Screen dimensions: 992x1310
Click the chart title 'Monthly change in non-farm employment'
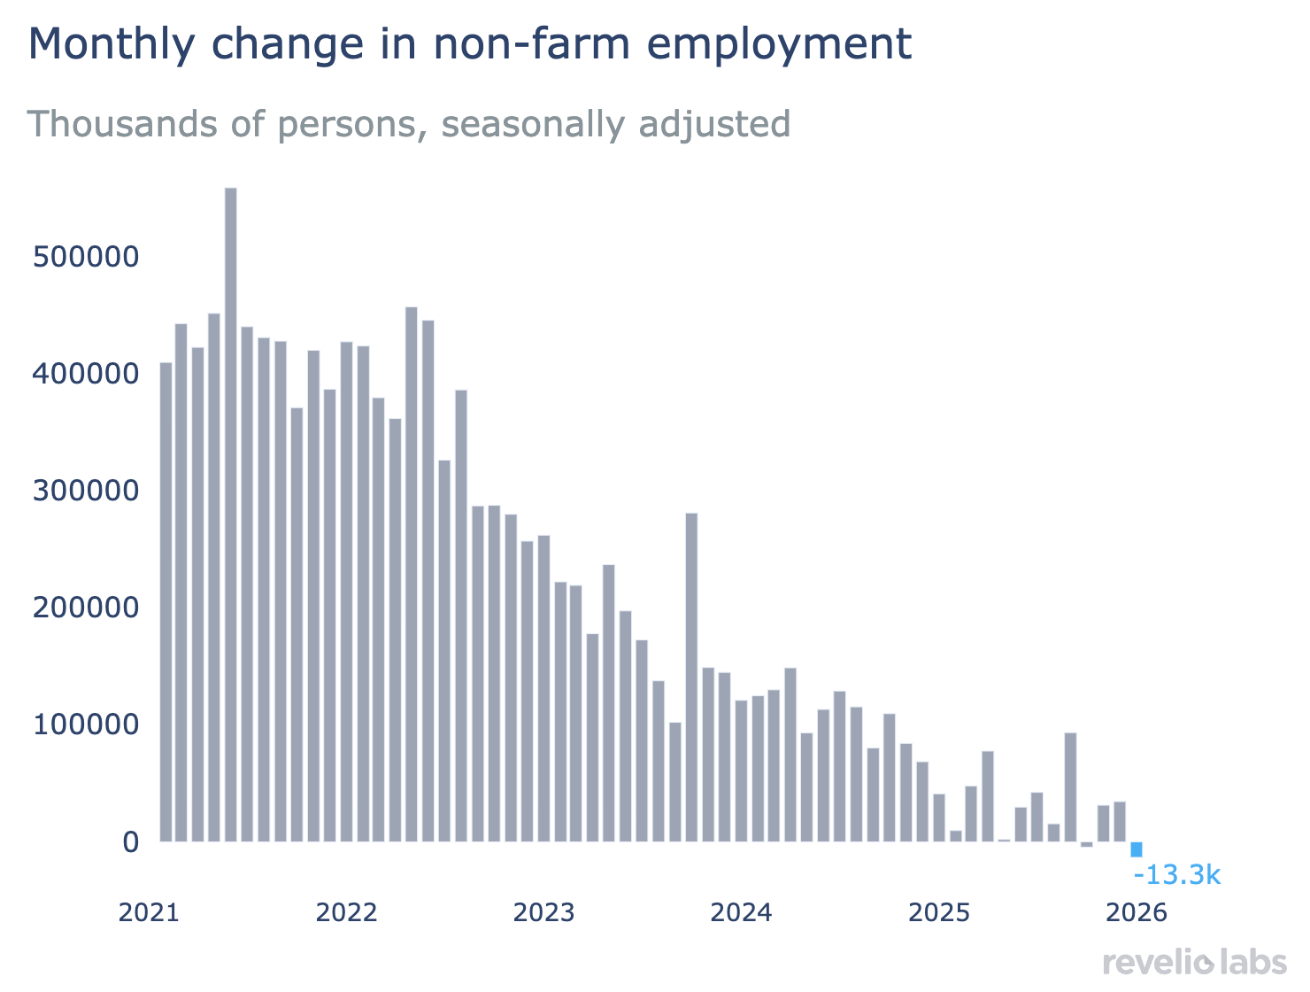point(470,44)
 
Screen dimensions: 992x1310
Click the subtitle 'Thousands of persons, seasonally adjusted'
point(409,124)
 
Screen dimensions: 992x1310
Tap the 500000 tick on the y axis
point(86,258)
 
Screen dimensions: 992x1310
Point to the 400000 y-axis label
point(86,375)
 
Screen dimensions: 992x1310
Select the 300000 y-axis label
point(86,491)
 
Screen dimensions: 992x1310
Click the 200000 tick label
point(86,608)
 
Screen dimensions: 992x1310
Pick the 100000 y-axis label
point(86,725)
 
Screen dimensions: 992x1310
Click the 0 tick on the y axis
point(130,841)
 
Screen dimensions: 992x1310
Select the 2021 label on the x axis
point(149,912)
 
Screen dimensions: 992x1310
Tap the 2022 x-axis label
point(346,912)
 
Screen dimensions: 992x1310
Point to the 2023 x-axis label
point(543,912)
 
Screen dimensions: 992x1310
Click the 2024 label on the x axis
point(741,912)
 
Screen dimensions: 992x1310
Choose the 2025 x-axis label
point(939,912)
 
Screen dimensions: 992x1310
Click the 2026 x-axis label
point(1137,912)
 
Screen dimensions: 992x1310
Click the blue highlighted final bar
point(1137,849)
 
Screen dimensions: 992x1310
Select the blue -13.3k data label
point(1177,876)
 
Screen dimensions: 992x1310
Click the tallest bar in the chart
point(231,514)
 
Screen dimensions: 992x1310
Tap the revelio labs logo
point(1195,963)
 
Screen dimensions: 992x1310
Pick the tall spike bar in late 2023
point(691,678)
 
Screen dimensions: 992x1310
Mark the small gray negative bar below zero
point(1087,844)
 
